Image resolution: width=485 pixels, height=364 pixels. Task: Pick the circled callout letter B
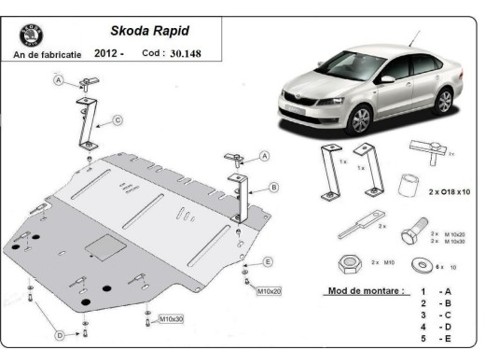[273, 188]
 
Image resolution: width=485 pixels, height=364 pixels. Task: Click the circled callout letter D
[59, 334]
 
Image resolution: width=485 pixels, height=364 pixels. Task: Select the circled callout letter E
[267, 261]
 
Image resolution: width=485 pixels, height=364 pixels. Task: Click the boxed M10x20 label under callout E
[269, 291]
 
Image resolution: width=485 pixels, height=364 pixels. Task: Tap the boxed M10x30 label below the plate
[171, 319]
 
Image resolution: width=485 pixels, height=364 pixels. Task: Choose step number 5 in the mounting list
[424, 340]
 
